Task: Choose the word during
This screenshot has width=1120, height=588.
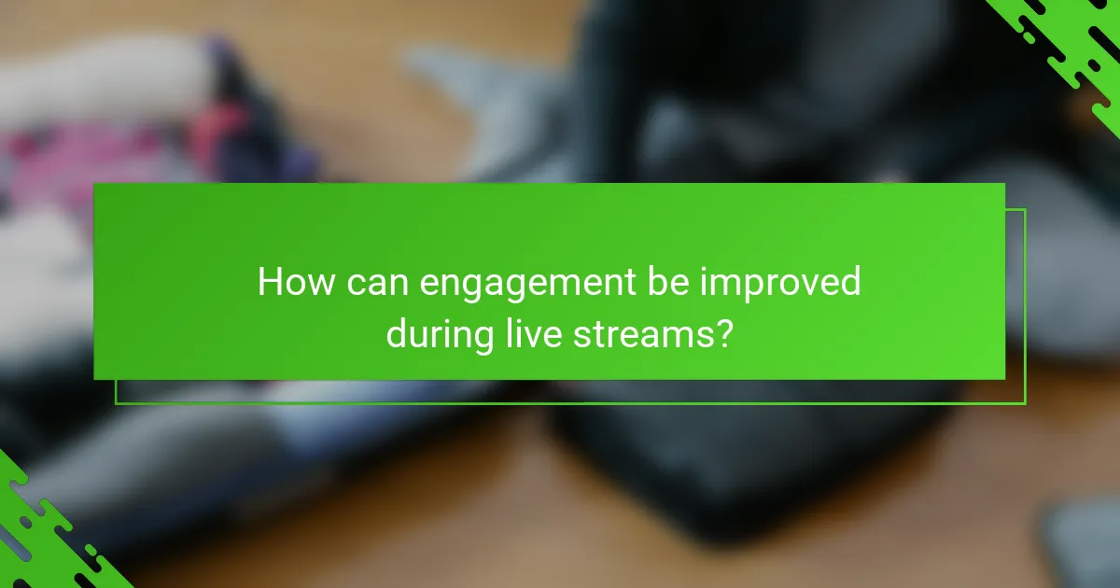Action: (x=440, y=332)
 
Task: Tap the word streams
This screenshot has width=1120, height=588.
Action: (x=633, y=332)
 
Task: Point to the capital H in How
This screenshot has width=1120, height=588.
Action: (x=271, y=282)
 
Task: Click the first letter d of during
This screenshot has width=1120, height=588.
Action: (x=398, y=332)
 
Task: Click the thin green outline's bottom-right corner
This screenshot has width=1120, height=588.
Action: (x=1025, y=403)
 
